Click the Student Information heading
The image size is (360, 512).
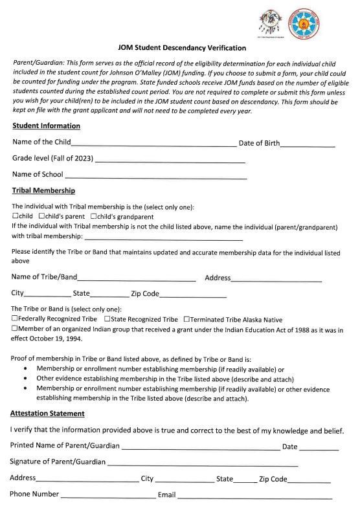(x=46, y=126)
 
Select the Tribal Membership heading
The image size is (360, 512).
(x=43, y=190)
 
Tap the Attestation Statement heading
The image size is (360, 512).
(x=47, y=413)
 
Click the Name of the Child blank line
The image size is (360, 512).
(x=153, y=143)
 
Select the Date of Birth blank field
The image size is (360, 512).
(x=308, y=143)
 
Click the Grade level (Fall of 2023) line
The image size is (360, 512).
(x=170, y=159)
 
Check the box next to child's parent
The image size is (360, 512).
(x=41, y=216)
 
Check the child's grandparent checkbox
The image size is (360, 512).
(x=94, y=216)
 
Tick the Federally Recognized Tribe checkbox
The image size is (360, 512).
(x=15, y=319)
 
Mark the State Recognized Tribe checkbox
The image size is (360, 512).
(x=106, y=319)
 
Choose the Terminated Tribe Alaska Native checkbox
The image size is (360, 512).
(x=187, y=319)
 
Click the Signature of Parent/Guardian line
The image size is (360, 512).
(x=202, y=463)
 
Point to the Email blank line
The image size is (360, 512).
(x=254, y=495)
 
